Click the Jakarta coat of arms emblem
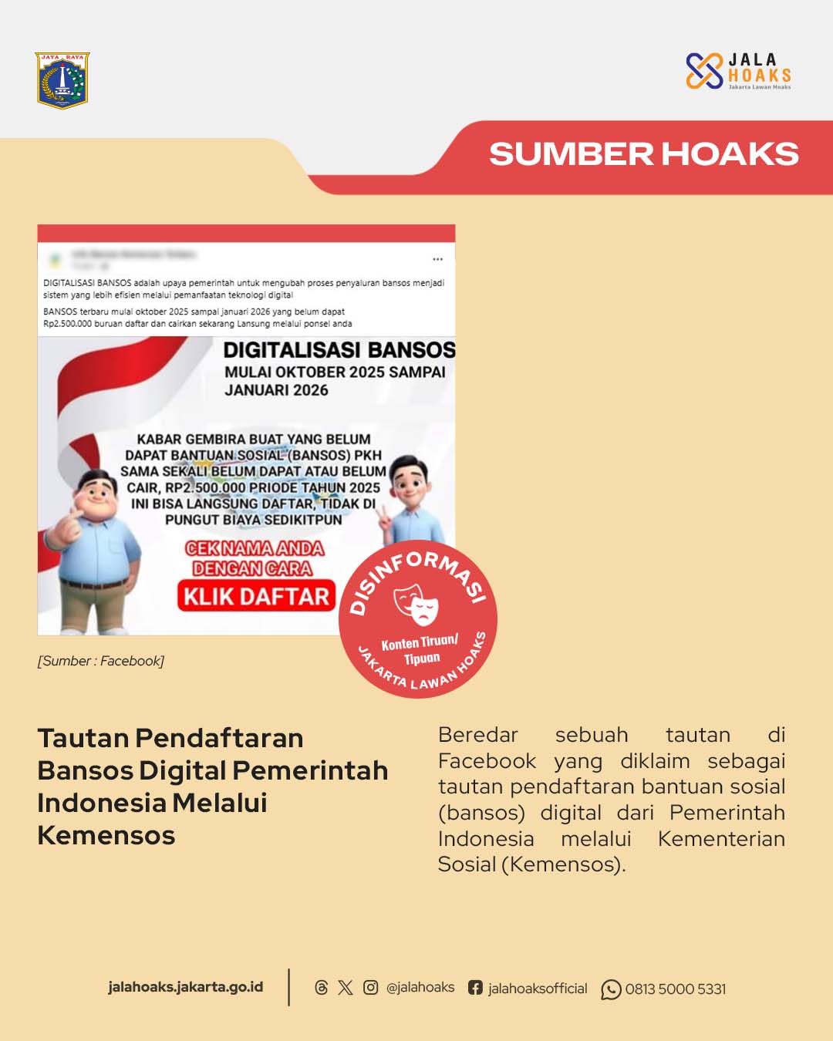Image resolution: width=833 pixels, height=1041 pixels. [62, 80]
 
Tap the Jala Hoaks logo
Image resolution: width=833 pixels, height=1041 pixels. [738, 71]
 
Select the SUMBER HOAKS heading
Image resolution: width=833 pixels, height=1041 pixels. [643, 154]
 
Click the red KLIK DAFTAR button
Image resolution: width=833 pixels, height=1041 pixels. [257, 596]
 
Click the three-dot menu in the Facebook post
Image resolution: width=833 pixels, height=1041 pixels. [437, 259]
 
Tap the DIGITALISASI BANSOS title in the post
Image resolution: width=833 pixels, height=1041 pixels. [339, 350]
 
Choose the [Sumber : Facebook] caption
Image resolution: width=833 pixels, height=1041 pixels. [101, 661]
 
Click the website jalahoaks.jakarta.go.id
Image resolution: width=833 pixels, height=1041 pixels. [185, 987]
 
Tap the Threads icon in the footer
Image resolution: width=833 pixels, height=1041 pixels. [322, 988]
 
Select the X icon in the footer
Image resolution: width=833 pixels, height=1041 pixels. [346, 988]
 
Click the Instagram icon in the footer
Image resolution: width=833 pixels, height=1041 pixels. [370, 988]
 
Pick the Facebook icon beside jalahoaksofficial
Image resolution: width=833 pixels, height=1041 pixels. [475, 988]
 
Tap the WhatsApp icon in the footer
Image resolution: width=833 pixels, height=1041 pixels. [611, 989]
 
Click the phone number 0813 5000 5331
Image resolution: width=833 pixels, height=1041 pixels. [676, 989]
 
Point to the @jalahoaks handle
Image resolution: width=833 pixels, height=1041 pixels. [420, 988]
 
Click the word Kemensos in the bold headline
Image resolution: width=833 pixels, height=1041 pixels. [106, 836]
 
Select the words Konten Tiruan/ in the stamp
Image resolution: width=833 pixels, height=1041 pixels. [420, 642]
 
